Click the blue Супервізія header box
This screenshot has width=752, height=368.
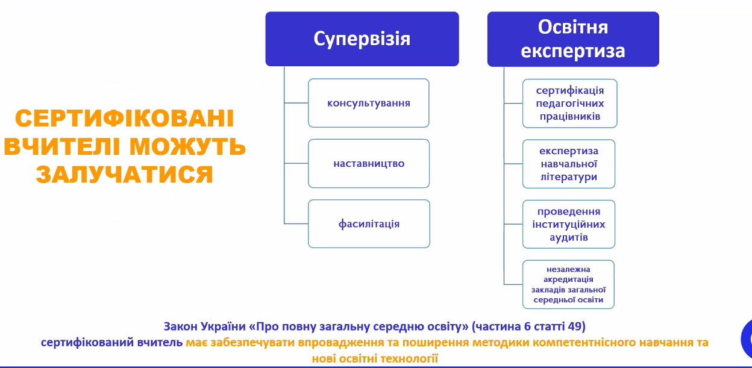point(362,39)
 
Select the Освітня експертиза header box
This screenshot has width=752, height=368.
point(573,39)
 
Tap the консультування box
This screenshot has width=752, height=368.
point(369,103)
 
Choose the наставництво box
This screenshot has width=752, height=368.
point(369,163)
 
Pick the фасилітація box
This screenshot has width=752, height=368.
point(369,224)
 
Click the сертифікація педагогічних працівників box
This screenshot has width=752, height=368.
point(569,104)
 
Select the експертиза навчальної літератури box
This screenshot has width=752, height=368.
point(569,164)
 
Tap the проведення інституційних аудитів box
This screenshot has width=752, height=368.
point(569,224)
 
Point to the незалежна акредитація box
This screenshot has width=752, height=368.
point(568,284)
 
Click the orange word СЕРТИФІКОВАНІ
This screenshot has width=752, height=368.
point(125,118)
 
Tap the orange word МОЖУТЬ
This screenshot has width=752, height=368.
point(187,146)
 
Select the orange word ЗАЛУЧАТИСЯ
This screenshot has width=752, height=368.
point(125,175)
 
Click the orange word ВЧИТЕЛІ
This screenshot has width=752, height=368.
point(62,146)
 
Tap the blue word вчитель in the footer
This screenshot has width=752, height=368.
point(160,343)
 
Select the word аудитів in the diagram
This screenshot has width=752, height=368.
point(569,237)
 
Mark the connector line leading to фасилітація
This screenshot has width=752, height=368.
point(296,223)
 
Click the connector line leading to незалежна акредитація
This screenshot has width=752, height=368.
point(513,284)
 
